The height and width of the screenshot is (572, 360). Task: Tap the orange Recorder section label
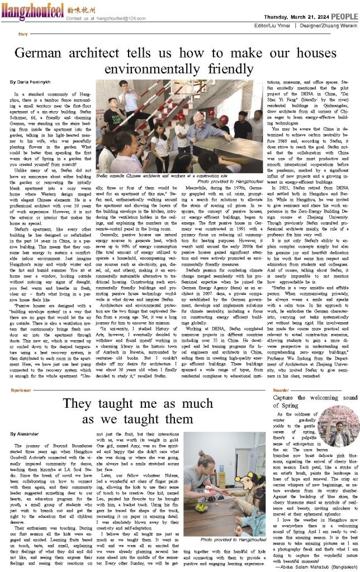[281, 374]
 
